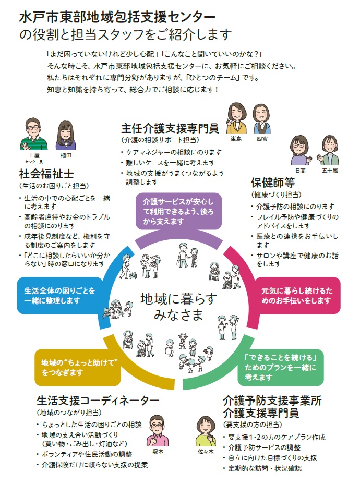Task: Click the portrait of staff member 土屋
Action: (33, 135)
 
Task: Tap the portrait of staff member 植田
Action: (65, 135)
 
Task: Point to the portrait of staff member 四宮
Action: (261, 119)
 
